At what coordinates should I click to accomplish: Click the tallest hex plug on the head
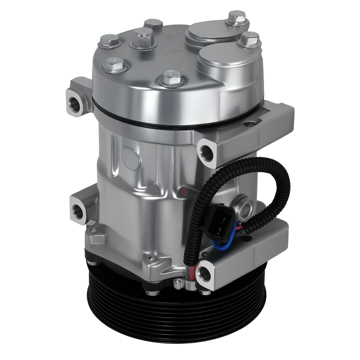point(143,37)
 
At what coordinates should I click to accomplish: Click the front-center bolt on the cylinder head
point(171,78)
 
